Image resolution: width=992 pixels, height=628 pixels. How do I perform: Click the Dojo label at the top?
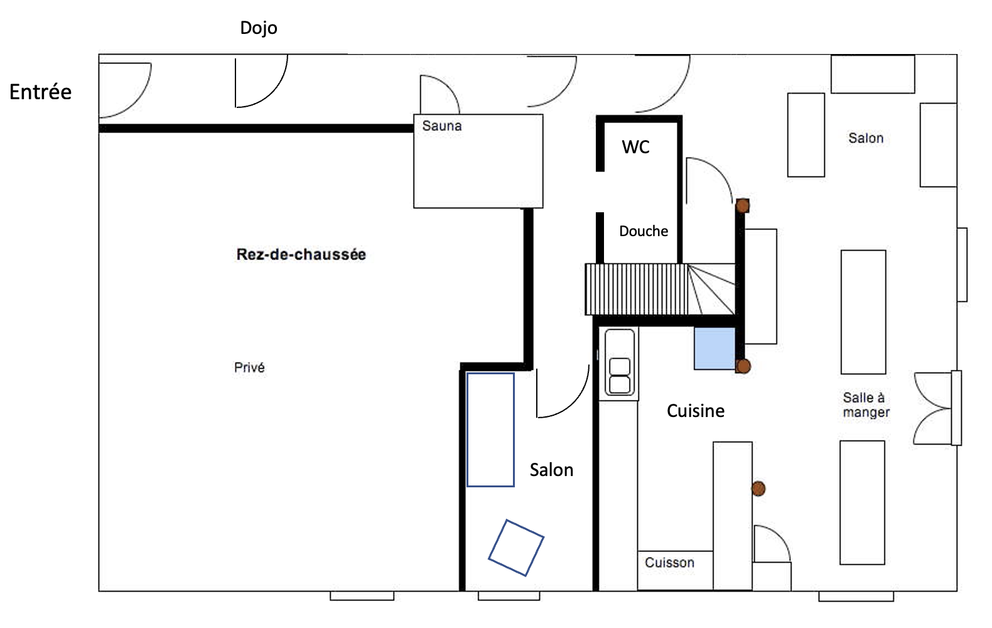(x=258, y=28)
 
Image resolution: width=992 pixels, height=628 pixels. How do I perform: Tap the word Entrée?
(x=40, y=92)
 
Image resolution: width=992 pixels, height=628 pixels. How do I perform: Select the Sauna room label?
(x=441, y=126)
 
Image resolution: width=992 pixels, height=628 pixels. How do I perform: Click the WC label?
(x=635, y=147)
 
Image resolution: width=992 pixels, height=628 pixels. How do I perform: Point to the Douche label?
(x=643, y=231)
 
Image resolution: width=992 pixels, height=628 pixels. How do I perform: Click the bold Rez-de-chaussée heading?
(x=301, y=254)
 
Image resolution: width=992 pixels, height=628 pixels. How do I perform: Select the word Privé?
(x=249, y=367)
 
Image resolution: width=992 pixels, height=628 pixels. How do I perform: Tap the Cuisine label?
(x=695, y=411)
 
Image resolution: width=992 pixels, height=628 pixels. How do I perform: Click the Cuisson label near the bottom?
(x=669, y=563)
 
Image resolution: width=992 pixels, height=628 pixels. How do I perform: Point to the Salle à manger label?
(x=866, y=405)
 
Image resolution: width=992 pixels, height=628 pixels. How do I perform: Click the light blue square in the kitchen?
(x=714, y=348)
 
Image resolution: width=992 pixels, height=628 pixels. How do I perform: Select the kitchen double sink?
(x=620, y=364)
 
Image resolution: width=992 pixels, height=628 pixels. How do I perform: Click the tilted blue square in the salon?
(x=516, y=548)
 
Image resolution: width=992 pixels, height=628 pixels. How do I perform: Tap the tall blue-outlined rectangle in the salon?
(x=490, y=430)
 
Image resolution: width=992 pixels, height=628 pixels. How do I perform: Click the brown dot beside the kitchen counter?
(x=758, y=489)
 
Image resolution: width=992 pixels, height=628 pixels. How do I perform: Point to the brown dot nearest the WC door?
(x=743, y=205)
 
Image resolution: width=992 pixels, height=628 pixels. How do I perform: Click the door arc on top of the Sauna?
(x=439, y=94)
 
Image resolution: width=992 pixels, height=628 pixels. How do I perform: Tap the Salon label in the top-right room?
(x=866, y=138)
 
